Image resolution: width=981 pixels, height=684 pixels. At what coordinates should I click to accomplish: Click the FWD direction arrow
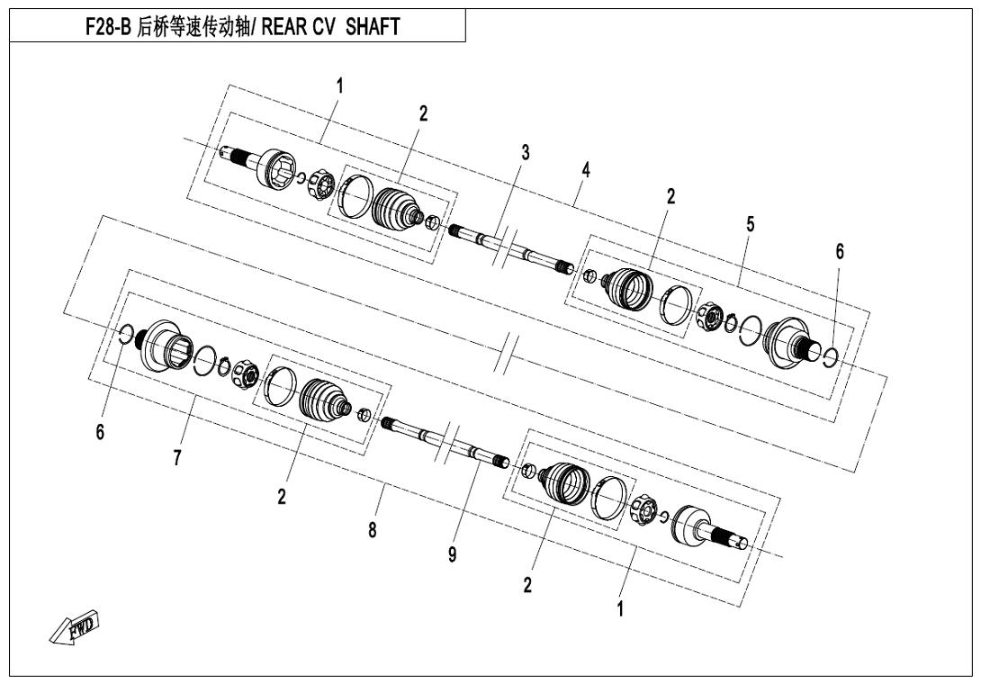pyautogui.click(x=74, y=626)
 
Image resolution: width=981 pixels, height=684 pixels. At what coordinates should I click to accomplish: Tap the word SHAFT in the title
pyautogui.click(x=373, y=27)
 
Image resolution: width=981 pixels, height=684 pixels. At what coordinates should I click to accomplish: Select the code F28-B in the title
pyautogui.click(x=106, y=27)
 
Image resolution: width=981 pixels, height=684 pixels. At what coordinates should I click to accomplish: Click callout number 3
pyautogui.click(x=526, y=152)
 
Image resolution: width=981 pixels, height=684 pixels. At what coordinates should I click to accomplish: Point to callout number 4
pyautogui.click(x=586, y=169)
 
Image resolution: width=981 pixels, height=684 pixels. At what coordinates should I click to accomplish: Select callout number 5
pyautogui.click(x=750, y=224)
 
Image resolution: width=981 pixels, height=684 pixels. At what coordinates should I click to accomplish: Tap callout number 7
pyautogui.click(x=177, y=458)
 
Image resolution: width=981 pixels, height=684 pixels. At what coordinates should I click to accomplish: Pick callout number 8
pyautogui.click(x=373, y=530)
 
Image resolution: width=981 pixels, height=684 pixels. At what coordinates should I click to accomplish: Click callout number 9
pyautogui.click(x=453, y=554)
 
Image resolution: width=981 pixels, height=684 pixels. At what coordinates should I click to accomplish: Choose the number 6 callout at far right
pyautogui.click(x=840, y=252)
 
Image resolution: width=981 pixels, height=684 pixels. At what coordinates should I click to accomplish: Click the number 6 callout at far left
pyautogui.click(x=100, y=432)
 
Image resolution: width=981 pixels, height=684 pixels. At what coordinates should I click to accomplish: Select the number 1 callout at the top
pyautogui.click(x=339, y=86)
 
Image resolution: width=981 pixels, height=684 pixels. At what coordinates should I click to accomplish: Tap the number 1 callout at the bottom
pyautogui.click(x=620, y=609)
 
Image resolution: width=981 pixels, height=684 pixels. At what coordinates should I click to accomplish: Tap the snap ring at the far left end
pyautogui.click(x=126, y=335)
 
